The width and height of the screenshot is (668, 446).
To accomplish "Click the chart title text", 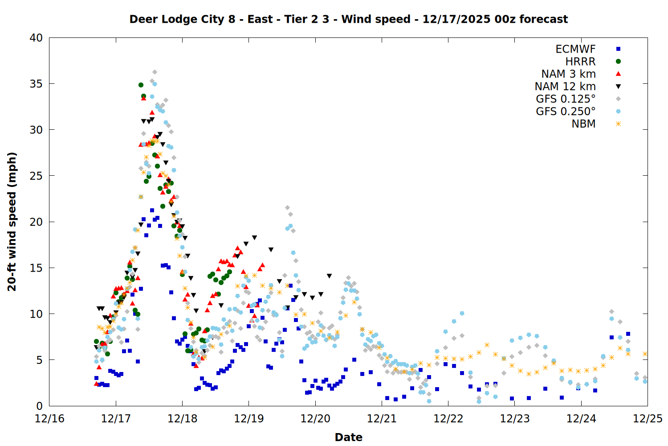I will click(348, 19).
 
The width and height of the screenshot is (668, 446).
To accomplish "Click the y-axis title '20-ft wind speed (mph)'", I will click(12, 222).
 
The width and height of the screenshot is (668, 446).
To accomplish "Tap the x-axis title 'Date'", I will click(348, 437).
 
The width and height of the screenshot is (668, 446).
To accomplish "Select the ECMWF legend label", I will click(575, 49).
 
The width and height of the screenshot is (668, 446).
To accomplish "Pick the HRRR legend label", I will click(580, 62).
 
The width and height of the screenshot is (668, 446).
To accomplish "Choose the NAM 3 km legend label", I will click(568, 74).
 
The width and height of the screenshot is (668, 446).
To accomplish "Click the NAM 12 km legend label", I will click(565, 87).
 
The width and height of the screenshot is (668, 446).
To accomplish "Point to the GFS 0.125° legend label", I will click(566, 99).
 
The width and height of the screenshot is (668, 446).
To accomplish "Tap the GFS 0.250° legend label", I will click(566, 111).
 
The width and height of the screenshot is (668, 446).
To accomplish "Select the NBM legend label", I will click(583, 124).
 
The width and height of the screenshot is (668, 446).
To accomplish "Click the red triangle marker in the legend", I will click(618, 74).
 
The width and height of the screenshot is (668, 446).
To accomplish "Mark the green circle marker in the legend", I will click(618, 62).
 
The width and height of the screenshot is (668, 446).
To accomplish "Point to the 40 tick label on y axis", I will click(36, 38).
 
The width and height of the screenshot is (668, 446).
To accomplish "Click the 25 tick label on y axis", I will click(36, 176).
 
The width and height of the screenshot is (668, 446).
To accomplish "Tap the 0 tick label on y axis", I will click(39, 406).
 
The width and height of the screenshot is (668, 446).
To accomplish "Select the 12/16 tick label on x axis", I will click(49, 419).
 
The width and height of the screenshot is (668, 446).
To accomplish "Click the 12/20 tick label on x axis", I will click(315, 419).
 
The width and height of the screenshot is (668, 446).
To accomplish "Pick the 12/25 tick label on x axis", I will click(648, 419).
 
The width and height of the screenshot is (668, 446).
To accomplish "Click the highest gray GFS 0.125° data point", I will click(155, 72).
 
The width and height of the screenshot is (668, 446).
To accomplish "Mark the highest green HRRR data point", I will click(141, 85).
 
